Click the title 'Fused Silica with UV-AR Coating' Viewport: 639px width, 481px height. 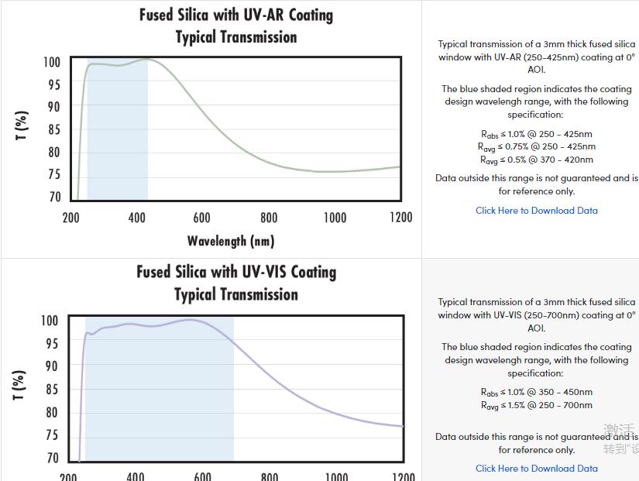(236, 15)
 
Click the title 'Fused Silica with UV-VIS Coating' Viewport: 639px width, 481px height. (236, 272)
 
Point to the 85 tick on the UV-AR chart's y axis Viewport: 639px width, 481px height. (52, 129)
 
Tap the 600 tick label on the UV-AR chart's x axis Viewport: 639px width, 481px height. (202, 218)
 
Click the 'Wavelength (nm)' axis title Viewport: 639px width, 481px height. (231, 241)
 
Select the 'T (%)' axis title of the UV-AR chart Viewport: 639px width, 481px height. (22, 125)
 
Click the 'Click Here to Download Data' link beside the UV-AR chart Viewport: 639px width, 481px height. (536, 210)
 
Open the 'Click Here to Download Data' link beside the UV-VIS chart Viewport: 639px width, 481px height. (536, 468)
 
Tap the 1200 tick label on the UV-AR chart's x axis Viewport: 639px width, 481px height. (400, 218)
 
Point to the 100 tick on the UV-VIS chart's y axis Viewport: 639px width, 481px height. (50, 321)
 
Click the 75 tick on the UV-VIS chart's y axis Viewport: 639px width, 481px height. (52, 435)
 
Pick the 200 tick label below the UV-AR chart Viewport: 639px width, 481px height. (70, 218)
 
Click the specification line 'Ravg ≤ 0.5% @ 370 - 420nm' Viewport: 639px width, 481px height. (536, 160)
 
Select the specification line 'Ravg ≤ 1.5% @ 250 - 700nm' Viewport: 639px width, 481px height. (536, 405)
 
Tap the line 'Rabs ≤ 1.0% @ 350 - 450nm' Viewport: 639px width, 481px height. (536, 392)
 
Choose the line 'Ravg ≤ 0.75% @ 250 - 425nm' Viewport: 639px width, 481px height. (536, 146)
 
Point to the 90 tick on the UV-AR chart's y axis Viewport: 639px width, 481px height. (52, 107)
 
